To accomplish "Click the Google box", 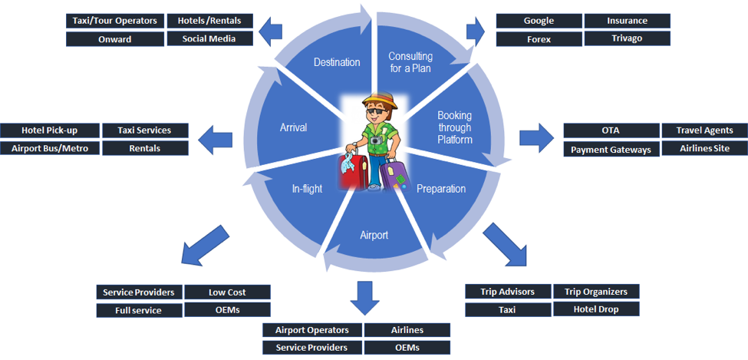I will pyautogui.click(x=539, y=21).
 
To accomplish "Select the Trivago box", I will pyautogui.click(x=627, y=38).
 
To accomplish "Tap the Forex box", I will pyautogui.click(x=539, y=38).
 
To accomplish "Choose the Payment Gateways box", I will pyautogui.click(x=611, y=150).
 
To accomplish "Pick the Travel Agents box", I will pyautogui.click(x=704, y=130).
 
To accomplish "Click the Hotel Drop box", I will pyautogui.click(x=595, y=309).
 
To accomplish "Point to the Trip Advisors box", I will pyautogui.click(x=507, y=292).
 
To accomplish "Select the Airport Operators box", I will pyautogui.click(x=311, y=330).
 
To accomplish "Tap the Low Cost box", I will pyautogui.click(x=227, y=292).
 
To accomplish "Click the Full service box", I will pyautogui.click(x=139, y=310).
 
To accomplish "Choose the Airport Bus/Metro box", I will pyautogui.click(x=50, y=148).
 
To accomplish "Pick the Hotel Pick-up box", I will pyautogui.click(x=50, y=130).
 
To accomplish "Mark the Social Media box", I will pyautogui.click(x=209, y=39).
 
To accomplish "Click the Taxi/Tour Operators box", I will pyautogui.click(x=115, y=21).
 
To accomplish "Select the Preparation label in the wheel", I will pyautogui.click(x=440, y=189).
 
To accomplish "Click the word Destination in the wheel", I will pyautogui.click(x=337, y=62).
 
